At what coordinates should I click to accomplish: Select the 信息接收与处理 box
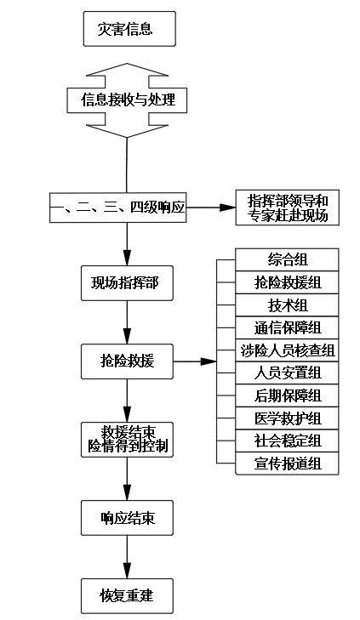click(127, 100)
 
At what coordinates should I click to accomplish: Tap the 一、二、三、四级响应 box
click(117, 207)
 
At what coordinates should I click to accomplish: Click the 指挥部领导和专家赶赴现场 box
click(287, 208)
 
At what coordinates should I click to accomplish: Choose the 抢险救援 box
click(127, 361)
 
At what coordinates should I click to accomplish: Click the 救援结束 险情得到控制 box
click(127, 438)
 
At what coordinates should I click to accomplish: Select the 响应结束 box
click(127, 516)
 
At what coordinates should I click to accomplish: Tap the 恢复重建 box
click(127, 594)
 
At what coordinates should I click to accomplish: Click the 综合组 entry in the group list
click(287, 259)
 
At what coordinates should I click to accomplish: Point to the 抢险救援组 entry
click(287, 282)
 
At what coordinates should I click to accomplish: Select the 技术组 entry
click(287, 304)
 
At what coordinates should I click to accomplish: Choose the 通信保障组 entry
click(287, 327)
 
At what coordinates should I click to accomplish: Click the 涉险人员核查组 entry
click(287, 350)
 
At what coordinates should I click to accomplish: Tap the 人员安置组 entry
click(287, 373)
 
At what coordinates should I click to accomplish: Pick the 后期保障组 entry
click(287, 395)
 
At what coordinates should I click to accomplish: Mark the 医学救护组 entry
click(287, 418)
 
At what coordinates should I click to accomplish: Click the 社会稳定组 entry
click(287, 441)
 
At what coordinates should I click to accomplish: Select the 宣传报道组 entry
click(287, 463)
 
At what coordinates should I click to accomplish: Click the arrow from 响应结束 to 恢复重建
click(127, 555)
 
